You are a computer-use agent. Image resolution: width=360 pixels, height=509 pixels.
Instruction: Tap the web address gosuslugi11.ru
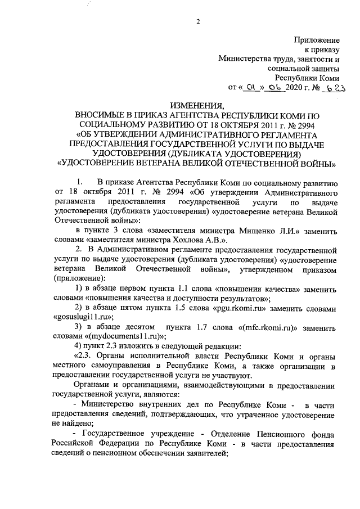76,319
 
